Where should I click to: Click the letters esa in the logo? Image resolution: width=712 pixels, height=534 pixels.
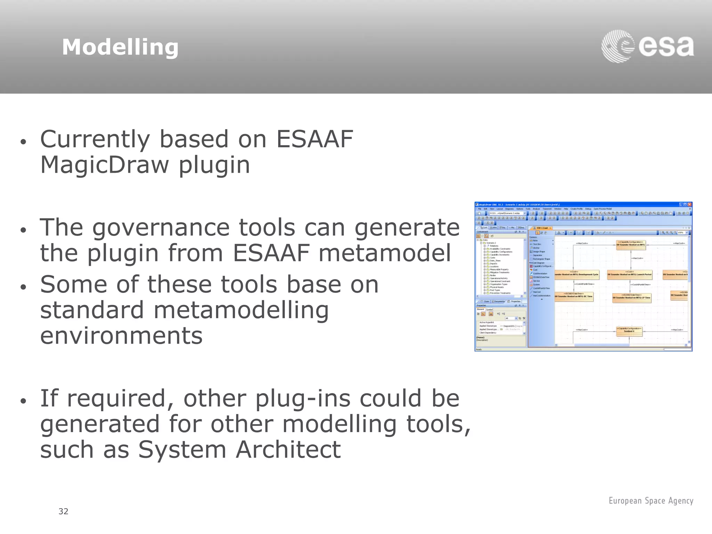pos(666,47)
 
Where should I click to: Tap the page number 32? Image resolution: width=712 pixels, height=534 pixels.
pos(63,511)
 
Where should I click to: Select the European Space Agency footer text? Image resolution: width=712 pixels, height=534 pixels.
pos(651,501)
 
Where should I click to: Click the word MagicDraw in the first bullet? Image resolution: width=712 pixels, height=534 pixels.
pos(104,165)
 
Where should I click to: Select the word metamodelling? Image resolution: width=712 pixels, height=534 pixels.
pos(241,310)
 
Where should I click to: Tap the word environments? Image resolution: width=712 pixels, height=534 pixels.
pos(121,335)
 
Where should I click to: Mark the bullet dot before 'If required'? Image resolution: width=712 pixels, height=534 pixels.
pos(23,401)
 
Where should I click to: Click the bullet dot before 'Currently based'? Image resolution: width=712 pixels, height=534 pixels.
pos(23,142)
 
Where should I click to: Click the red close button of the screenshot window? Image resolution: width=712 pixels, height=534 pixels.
pos(690,204)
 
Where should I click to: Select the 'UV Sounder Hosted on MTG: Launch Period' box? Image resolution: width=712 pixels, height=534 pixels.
pos(629,274)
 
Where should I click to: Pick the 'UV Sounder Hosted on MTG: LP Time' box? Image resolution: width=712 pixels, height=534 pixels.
pos(631,297)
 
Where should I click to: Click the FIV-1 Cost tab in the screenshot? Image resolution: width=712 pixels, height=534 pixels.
pos(542,228)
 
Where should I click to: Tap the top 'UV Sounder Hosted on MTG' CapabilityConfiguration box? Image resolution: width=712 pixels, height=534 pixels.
pos(630,244)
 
